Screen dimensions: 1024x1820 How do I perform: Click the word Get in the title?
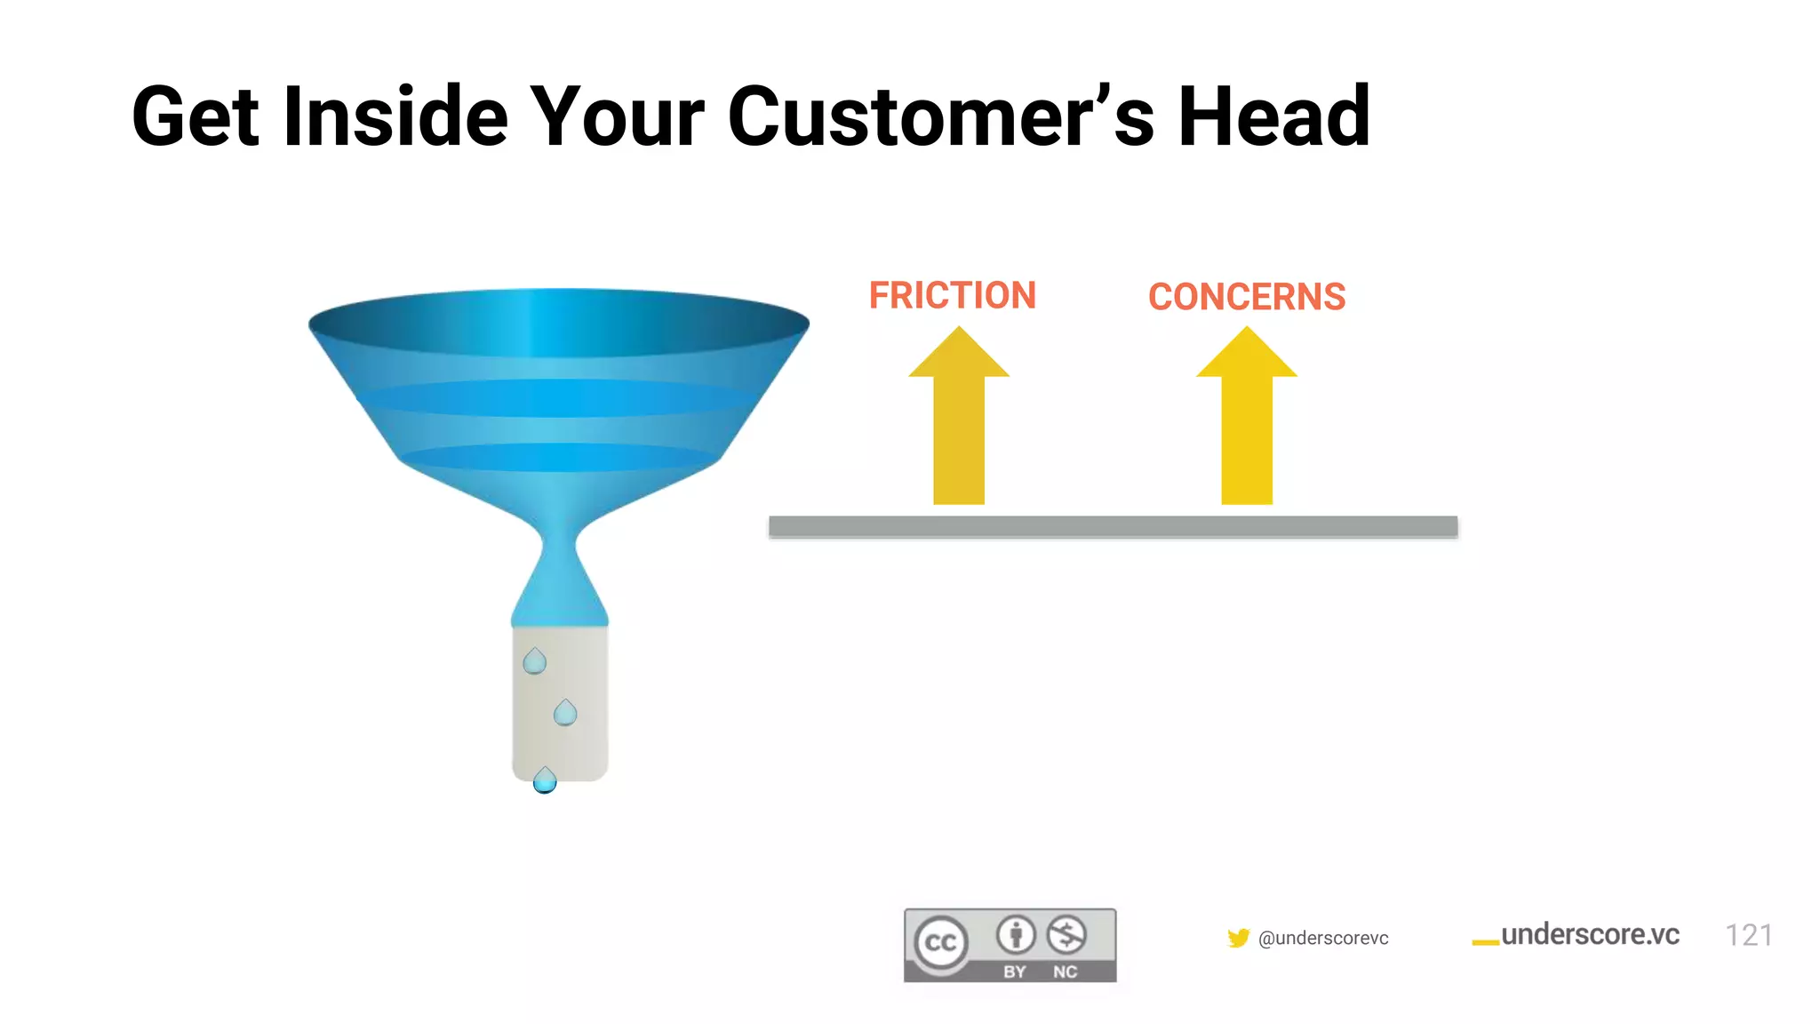point(196,117)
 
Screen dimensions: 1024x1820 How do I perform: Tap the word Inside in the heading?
point(395,117)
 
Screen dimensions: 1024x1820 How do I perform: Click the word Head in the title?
point(1273,117)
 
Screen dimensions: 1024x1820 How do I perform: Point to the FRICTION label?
point(952,295)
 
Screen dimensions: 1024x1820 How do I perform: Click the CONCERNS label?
point(1246,297)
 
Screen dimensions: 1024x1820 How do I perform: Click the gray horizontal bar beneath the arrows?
point(1113,526)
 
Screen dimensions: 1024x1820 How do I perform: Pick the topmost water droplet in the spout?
point(534,661)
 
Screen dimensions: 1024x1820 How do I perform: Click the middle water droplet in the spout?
point(565,713)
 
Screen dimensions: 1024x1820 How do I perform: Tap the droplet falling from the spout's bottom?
point(545,780)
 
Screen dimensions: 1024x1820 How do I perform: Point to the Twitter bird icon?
point(1238,938)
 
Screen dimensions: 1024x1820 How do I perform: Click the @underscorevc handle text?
point(1323,938)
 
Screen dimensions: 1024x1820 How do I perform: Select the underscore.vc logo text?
point(1589,934)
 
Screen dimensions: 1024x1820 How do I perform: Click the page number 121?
point(1748,935)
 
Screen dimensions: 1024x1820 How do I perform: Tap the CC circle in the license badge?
point(941,942)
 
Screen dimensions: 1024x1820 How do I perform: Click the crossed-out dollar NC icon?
point(1066,934)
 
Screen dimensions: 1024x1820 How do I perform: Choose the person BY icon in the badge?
point(1016,934)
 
